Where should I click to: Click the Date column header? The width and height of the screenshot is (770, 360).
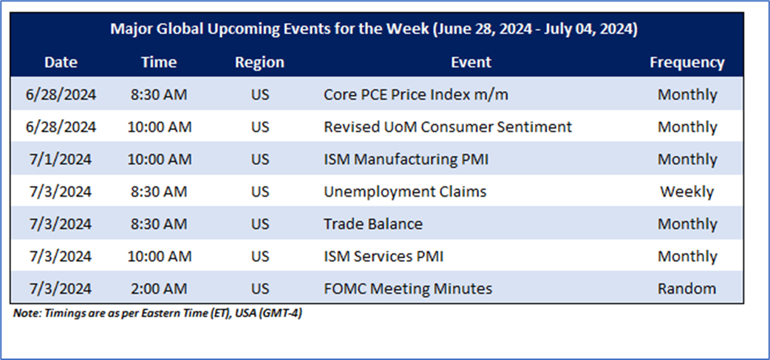tap(61, 62)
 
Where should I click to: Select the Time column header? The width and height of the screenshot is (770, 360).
tap(159, 62)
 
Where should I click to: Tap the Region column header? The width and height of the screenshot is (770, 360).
tap(259, 63)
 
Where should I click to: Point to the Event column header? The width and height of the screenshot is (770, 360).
tap(471, 62)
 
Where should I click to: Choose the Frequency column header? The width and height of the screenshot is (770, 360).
tap(687, 63)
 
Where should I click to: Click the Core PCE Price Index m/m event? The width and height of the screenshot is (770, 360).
tap(415, 95)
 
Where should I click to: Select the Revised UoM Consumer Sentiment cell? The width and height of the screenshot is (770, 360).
tap(447, 126)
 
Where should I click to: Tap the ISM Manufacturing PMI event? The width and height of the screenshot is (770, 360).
tap(406, 159)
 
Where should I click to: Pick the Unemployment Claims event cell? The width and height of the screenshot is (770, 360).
tap(405, 191)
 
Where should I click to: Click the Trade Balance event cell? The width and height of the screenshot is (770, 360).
tap(372, 224)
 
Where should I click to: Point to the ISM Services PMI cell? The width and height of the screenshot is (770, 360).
tap(383, 257)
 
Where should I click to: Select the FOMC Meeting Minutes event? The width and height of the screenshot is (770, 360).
tap(408, 289)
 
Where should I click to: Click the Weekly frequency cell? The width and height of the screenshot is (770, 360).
tap(686, 191)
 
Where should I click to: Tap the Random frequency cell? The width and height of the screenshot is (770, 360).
tap(686, 289)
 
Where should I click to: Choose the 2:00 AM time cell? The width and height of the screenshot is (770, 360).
tap(159, 289)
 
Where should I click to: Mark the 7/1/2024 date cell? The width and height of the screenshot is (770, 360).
tap(61, 159)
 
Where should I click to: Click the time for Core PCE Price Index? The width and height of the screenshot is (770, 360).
tap(159, 95)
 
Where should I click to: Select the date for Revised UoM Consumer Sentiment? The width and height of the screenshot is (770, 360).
tap(61, 126)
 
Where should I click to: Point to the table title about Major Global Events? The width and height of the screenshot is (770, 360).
tap(374, 30)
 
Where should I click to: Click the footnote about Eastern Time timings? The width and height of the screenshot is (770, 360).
tap(157, 313)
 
